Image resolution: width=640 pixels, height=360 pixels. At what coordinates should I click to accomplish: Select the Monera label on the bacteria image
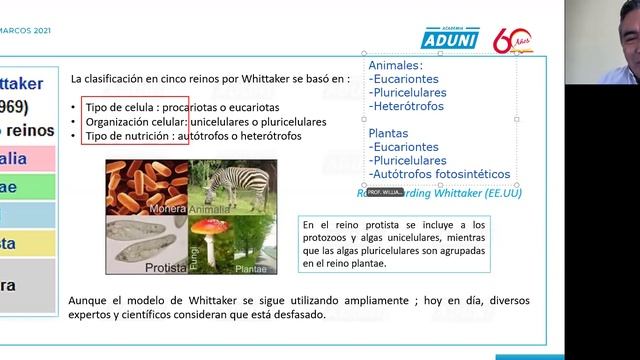click(167, 209)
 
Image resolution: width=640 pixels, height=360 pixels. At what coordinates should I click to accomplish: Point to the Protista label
click(165, 267)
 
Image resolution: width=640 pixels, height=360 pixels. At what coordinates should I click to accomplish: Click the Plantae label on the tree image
click(250, 268)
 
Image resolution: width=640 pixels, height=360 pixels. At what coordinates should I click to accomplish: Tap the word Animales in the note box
click(396, 65)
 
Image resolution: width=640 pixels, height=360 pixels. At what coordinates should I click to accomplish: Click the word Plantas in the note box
click(389, 132)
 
